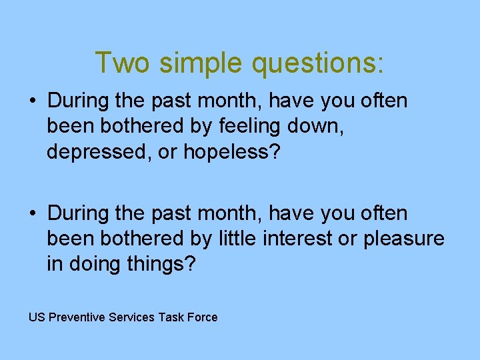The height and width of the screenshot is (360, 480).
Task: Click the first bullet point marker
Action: point(33,102)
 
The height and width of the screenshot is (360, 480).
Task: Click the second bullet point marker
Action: point(33,214)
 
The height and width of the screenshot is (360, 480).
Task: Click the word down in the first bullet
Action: point(319,126)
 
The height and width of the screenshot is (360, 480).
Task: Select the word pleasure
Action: point(404,239)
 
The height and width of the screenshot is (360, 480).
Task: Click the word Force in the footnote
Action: point(203,317)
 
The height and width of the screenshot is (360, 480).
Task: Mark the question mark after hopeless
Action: point(275,151)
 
